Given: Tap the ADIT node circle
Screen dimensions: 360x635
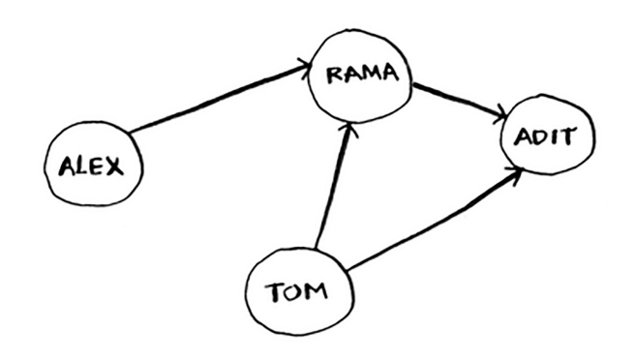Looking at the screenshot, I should click(x=542, y=139).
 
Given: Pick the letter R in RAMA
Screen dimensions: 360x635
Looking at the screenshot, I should click(x=332, y=76).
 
